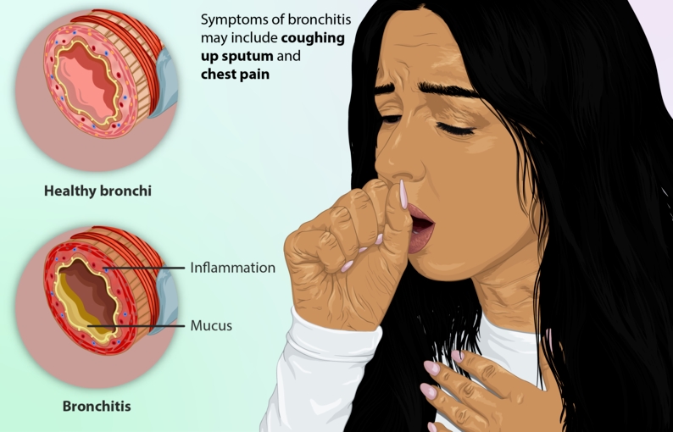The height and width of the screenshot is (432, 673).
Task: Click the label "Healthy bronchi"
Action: pyautogui.click(x=97, y=191)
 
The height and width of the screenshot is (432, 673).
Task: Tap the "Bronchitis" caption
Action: pyautogui.click(x=97, y=406)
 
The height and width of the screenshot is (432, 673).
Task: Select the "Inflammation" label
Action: pyautogui.click(x=232, y=268)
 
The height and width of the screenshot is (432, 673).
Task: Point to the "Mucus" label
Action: pyautogui.click(x=211, y=325)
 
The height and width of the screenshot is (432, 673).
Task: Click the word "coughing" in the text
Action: pyautogui.click(x=313, y=39)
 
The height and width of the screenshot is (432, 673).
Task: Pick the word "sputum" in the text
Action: pyautogui.click(x=248, y=57)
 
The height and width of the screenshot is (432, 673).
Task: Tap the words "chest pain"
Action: pyautogui.click(x=235, y=75)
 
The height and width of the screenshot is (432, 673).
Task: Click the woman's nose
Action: pyautogui.click(x=397, y=161)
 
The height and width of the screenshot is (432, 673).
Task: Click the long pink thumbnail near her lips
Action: pyautogui.click(x=403, y=194)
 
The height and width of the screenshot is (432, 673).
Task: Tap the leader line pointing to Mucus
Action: pyautogui.click(x=136, y=326)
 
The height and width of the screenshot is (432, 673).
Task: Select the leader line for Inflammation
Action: pyautogui.click(x=144, y=269)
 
